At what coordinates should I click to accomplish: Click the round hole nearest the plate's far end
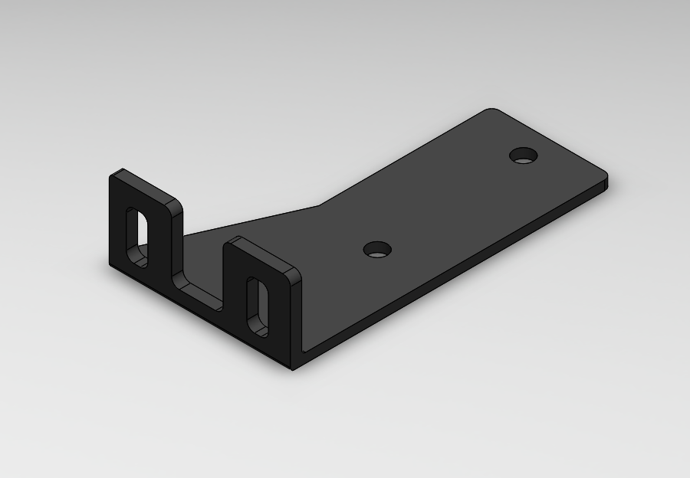click(524, 156)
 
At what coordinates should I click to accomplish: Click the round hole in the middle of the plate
click(377, 250)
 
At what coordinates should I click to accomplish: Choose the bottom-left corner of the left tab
click(112, 264)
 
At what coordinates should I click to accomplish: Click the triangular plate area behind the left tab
click(211, 245)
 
